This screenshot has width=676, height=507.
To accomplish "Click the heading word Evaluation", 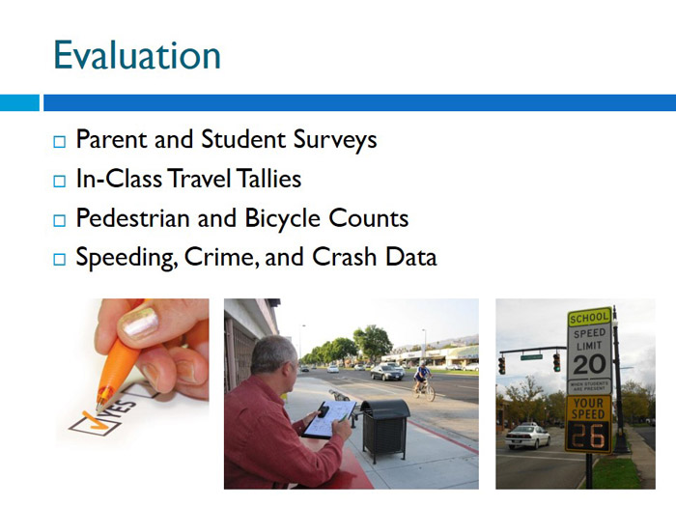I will pyautogui.click(x=136, y=55).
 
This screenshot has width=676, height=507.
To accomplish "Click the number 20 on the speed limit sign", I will pyautogui.click(x=589, y=366).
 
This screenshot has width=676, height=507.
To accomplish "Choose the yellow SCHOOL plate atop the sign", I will pyautogui.click(x=589, y=318).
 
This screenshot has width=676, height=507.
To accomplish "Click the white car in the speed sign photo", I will pyautogui.click(x=527, y=437).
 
